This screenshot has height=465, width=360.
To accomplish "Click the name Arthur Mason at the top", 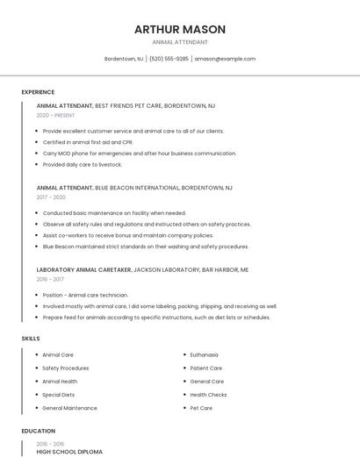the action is click(x=180, y=29).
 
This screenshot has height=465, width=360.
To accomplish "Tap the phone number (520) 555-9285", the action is click(x=169, y=59).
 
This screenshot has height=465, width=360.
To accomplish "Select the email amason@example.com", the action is click(x=225, y=59).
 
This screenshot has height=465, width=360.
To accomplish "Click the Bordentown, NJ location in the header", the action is click(x=124, y=59).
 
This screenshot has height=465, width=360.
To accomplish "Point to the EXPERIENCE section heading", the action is click(x=38, y=92).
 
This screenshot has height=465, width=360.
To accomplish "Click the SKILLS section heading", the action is click(x=31, y=338).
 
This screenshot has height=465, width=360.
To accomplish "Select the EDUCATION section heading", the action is click(x=38, y=431).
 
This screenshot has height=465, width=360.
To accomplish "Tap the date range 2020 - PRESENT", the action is click(x=55, y=115).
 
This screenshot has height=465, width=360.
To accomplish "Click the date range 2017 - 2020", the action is click(x=51, y=197).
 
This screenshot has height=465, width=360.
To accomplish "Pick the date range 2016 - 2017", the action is click(x=51, y=279).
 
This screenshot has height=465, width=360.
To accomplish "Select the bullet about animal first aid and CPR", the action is click(x=88, y=142).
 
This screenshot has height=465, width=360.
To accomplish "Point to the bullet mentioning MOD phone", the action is click(x=139, y=153).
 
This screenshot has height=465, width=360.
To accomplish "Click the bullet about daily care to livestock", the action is click(x=83, y=164).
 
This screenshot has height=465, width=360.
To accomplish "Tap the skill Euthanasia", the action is click(x=205, y=354).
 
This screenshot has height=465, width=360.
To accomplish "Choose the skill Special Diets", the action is click(x=58, y=395).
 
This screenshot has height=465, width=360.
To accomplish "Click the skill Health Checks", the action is click(x=208, y=395).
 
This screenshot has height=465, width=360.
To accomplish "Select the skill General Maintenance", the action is click(x=69, y=408).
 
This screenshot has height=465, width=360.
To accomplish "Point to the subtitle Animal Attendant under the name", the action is click(x=180, y=42).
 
